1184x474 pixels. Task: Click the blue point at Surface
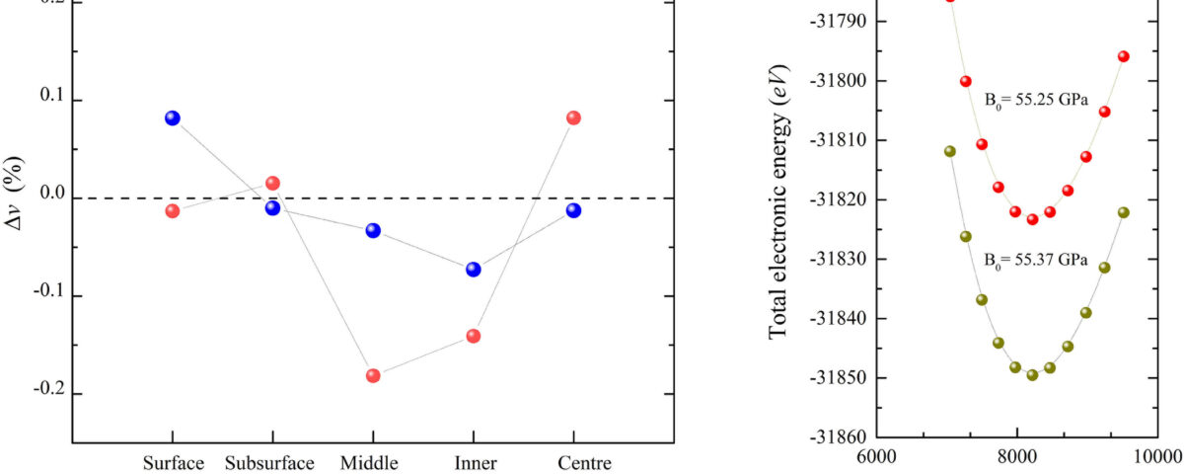click(173, 118)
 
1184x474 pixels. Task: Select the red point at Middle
click(373, 375)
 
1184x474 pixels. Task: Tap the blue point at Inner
click(473, 269)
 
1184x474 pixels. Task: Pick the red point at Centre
click(573, 118)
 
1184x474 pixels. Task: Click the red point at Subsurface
click(272, 183)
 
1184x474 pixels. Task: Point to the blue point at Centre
click(573, 210)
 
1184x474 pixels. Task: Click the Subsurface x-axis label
click(269, 463)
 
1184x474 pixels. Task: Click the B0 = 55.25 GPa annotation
click(1034, 99)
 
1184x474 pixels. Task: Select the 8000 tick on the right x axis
click(1016, 458)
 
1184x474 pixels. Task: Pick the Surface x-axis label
click(174, 463)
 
